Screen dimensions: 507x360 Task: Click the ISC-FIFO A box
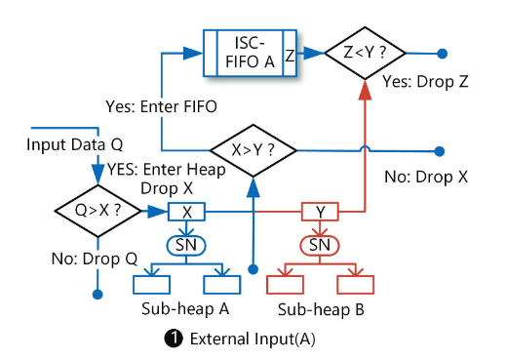pyautogui.click(x=250, y=53)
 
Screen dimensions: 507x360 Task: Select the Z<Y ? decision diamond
pyautogui.click(x=365, y=53)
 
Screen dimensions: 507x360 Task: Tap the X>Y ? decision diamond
pyautogui.click(x=253, y=150)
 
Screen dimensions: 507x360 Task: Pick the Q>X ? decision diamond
pyautogui.click(x=97, y=211)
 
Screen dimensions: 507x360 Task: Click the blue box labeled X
pyautogui.click(x=186, y=212)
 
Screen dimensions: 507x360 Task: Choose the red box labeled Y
pyautogui.click(x=320, y=212)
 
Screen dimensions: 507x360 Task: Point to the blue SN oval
pyautogui.click(x=186, y=245)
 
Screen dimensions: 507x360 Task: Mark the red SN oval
pyautogui.click(x=320, y=245)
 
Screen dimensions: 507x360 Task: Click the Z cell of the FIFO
pyautogui.click(x=290, y=54)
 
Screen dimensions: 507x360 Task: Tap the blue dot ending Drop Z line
pyautogui.click(x=442, y=54)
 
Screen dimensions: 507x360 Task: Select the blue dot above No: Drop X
pyautogui.click(x=440, y=151)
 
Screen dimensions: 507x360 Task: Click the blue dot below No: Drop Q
pyautogui.click(x=97, y=295)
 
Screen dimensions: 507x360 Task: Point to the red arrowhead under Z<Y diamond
pyautogui.click(x=365, y=90)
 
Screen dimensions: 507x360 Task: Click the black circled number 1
pyautogui.click(x=174, y=339)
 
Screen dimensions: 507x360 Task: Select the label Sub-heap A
pyautogui.click(x=185, y=308)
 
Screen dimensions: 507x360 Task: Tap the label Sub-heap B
pyautogui.click(x=321, y=309)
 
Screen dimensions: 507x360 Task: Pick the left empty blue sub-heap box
pyautogui.click(x=151, y=285)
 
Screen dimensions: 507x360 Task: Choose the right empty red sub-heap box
pyautogui.click(x=356, y=285)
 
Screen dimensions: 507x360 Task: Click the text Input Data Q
pyautogui.click(x=75, y=144)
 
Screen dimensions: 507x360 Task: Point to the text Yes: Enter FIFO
pyautogui.click(x=161, y=106)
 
